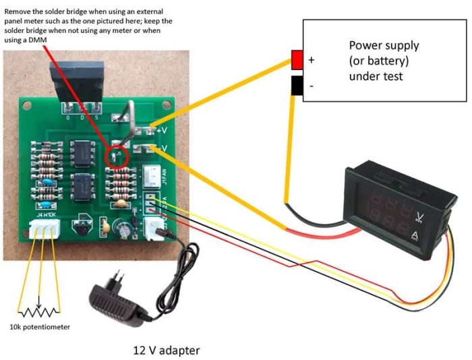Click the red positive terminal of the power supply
pos(297,61)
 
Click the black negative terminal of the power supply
pos(297,86)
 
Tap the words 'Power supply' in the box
pos(384,46)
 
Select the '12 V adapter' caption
pos(165,351)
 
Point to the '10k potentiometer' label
pos(40,327)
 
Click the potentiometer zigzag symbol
pos(40,312)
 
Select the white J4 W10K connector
pos(45,230)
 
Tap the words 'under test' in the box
pos(376,76)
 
